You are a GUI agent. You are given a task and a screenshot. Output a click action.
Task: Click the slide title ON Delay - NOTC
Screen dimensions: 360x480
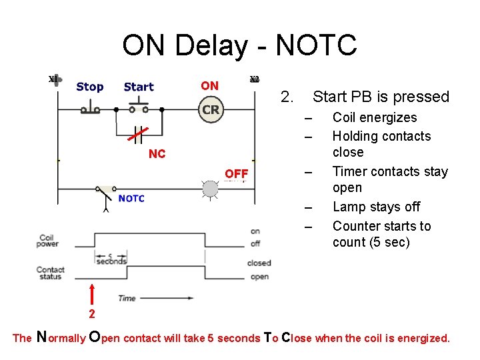239,45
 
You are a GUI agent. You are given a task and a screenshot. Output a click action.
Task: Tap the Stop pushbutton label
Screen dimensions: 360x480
90,87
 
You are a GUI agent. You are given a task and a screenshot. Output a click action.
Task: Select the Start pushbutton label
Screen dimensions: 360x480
139,87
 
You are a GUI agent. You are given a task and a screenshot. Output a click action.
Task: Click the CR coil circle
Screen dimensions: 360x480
211,110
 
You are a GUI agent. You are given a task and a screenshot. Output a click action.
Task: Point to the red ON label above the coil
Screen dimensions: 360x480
209,85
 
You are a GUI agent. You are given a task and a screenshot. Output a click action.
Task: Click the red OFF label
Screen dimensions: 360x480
236,174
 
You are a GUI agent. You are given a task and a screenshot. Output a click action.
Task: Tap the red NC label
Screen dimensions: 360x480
157,154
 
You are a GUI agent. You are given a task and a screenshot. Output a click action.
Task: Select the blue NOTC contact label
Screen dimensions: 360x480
131,198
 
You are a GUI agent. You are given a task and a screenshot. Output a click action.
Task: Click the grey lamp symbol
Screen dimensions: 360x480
211,189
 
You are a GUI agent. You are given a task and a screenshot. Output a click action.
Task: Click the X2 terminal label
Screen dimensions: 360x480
255,79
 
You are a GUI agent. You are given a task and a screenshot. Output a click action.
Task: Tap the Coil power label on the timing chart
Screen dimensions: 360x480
47,241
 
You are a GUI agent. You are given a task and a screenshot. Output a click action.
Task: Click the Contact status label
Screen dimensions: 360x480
50,273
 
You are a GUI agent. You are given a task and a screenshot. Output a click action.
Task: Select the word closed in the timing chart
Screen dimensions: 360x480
259,263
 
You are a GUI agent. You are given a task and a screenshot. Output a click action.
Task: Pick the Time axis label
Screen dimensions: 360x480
127,298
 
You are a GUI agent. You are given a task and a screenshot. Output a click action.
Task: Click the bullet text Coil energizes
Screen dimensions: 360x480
375,118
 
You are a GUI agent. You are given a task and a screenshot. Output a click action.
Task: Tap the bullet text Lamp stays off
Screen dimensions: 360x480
376,207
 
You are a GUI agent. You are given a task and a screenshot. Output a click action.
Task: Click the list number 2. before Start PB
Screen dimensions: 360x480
287,97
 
